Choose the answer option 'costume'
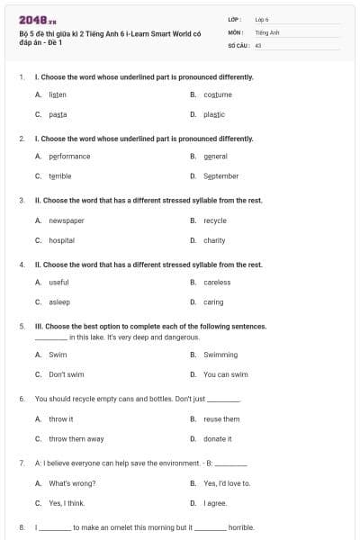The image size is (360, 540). [217, 94]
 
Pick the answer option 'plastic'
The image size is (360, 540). [214, 114]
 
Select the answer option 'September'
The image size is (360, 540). [220, 176]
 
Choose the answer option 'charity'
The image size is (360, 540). [214, 240]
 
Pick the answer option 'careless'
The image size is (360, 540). [217, 283]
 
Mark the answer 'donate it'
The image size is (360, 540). [218, 438]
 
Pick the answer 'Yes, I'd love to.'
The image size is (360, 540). [227, 483]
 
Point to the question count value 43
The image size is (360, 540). [258, 44]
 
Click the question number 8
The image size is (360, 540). [21, 527]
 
